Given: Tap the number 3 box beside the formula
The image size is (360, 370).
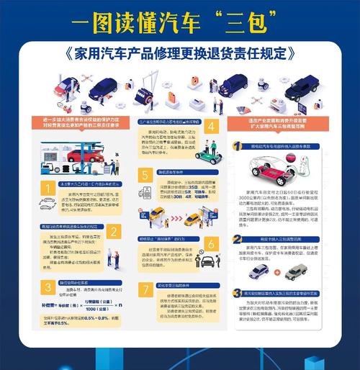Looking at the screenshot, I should tap(47, 288).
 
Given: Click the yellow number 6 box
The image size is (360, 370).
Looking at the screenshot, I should tap(211, 243).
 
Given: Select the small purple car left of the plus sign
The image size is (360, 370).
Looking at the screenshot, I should tap(259, 271).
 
